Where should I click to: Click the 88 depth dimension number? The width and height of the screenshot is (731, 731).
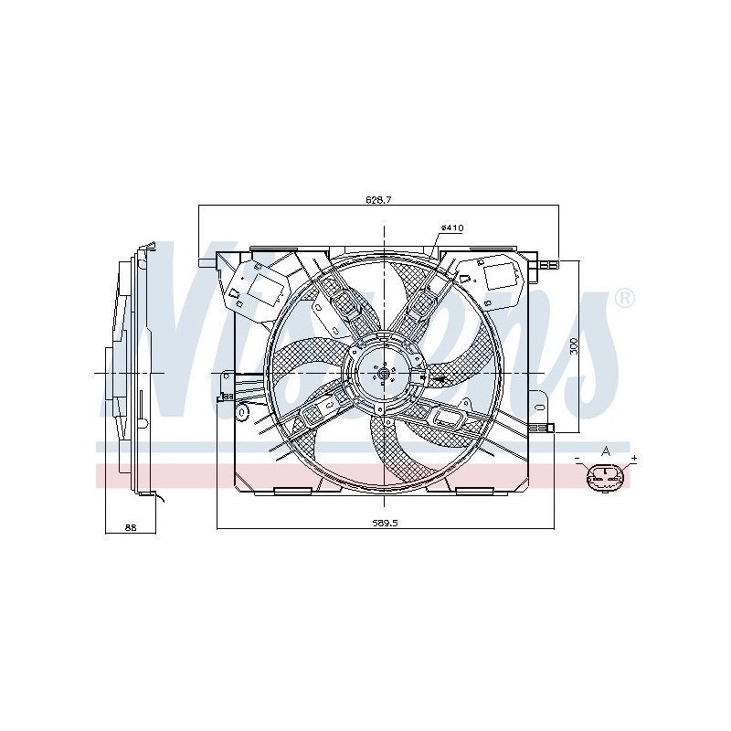coord(130,527)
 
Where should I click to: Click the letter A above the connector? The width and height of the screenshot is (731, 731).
coord(605,451)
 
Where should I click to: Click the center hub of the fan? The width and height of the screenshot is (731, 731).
coord(383,372)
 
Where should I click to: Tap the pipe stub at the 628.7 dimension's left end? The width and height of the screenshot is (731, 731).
coord(206,262)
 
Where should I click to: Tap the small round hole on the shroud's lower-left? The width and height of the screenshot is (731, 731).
coord(243,414)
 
